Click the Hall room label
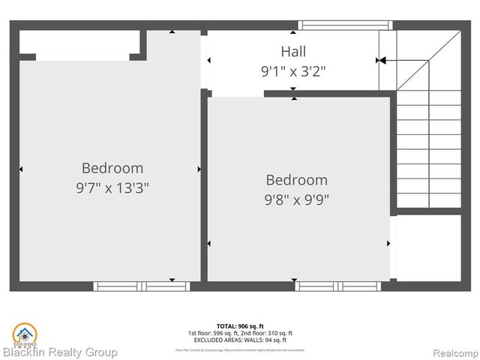pos(293,52)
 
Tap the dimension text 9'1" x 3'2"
pos(293,71)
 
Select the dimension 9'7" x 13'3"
pos(112,187)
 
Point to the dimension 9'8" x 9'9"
pos(297,199)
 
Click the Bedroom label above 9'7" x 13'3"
pos(112,168)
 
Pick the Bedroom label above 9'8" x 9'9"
pos(297,180)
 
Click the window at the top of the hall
pos(345,25)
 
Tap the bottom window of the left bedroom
pos(142,286)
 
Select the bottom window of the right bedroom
pos(327,286)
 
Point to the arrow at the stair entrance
pos(381,60)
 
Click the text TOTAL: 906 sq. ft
pos(240,326)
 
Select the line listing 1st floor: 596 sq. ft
pos(240,333)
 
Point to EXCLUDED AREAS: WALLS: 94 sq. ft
pos(240,340)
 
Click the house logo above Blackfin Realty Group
pos(23,333)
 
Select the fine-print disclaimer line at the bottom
pos(240,349)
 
